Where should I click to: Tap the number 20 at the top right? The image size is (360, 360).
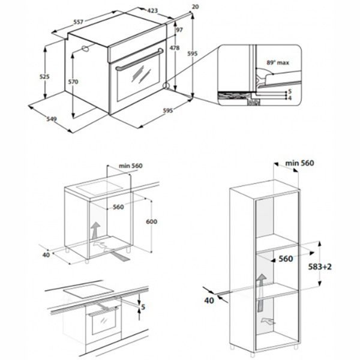tap(195, 7)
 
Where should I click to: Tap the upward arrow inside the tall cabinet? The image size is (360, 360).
tap(262, 283)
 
